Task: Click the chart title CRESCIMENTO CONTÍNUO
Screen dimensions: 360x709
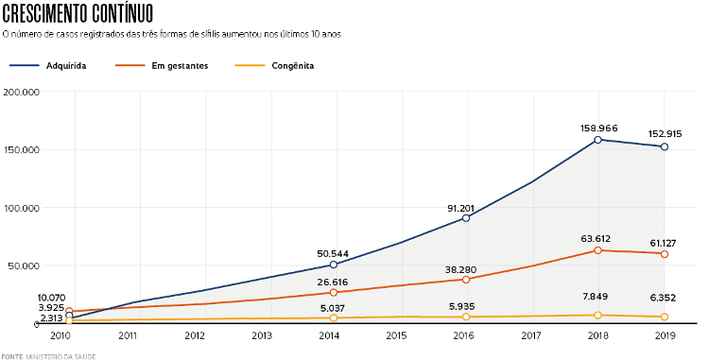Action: [78, 13]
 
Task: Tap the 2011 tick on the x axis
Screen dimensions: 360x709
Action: [128, 335]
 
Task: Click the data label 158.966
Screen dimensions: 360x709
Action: [597, 127]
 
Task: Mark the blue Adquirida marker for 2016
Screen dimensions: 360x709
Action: [465, 218]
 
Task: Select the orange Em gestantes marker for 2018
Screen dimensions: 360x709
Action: [597, 250]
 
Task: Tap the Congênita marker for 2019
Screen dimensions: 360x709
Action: [665, 317]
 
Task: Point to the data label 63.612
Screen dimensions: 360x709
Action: [597, 237]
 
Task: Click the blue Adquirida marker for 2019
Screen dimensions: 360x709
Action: [665, 146]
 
